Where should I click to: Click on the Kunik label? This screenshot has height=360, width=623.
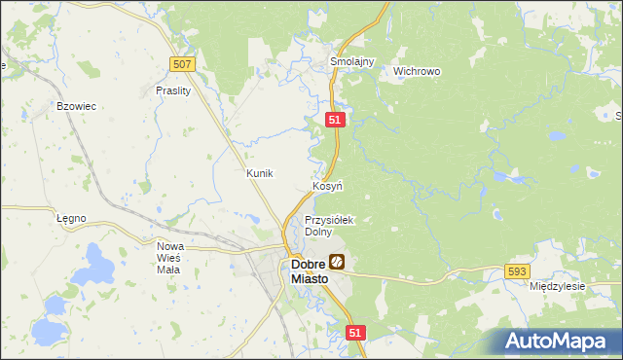click(260, 173)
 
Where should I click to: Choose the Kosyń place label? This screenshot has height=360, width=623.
click(327, 186)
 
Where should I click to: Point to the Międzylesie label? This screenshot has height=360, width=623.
click(557, 287)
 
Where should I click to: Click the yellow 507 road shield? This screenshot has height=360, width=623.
click(182, 64)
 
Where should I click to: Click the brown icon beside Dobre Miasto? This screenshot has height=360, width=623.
click(337, 261)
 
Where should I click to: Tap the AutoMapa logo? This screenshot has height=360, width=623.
click(556, 342)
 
